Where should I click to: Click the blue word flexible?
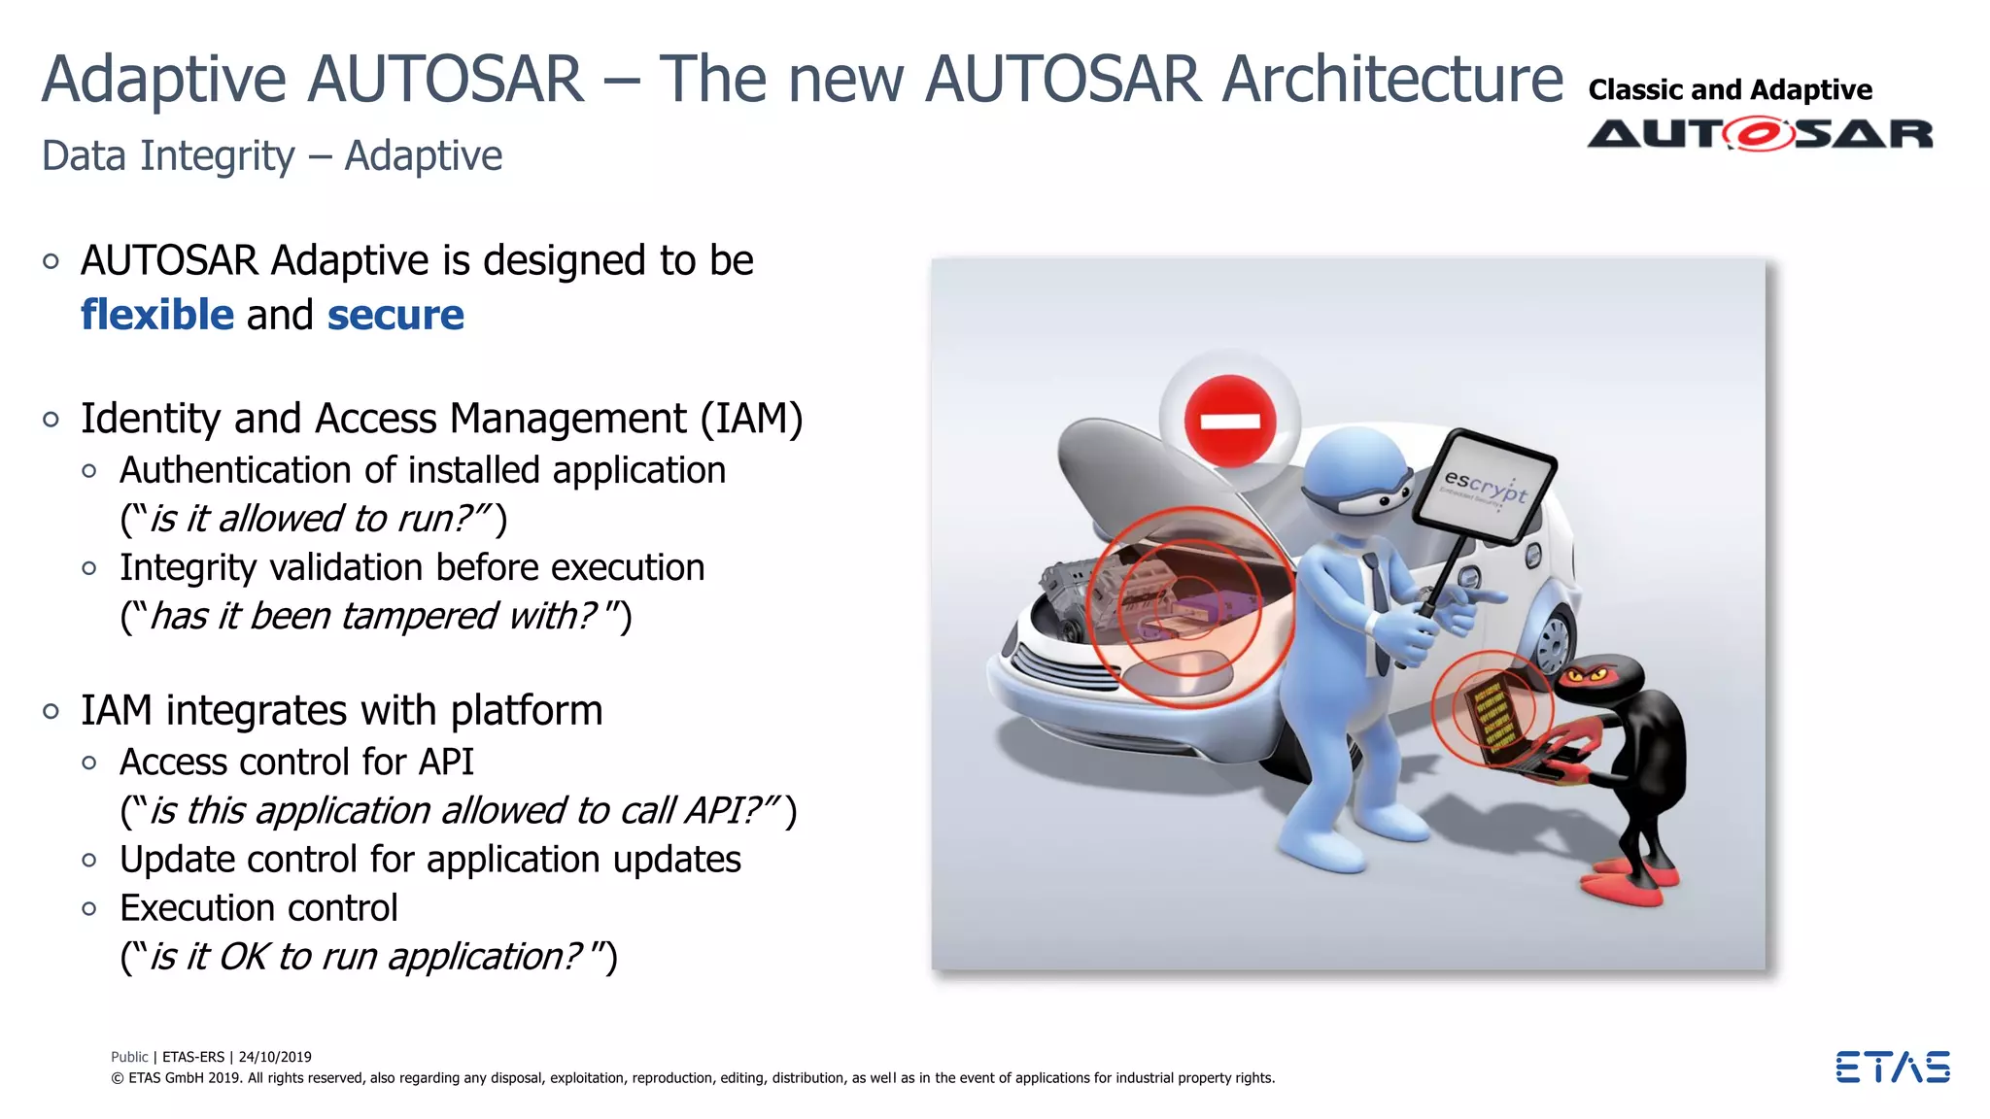pyautogui.click(x=156, y=316)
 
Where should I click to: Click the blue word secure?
pyautogui.click(x=395, y=316)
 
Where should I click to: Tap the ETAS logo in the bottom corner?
pyautogui.click(x=1892, y=1067)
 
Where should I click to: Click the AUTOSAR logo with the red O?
pyautogui.click(x=1760, y=134)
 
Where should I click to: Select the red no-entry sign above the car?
pyautogui.click(x=1230, y=421)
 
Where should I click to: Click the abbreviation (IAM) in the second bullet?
pyautogui.click(x=752, y=420)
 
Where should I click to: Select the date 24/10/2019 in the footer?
pyautogui.click(x=275, y=1057)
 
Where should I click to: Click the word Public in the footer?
pyautogui.click(x=129, y=1057)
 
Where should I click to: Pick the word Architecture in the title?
pyautogui.click(x=1391, y=80)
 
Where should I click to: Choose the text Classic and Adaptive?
pyautogui.click(x=1730, y=90)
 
